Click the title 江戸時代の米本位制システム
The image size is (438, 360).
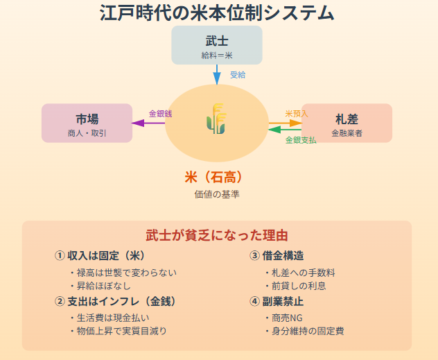click(x=217, y=12)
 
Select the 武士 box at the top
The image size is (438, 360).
click(x=217, y=45)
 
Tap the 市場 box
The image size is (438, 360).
click(x=87, y=123)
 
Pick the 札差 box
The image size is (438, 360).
click(x=347, y=123)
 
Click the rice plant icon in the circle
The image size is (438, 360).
click(x=216, y=119)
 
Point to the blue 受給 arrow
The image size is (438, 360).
click(x=217, y=74)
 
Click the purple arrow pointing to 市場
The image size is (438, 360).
click(x=148, y=123)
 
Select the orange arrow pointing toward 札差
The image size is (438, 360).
click(x=285, y=122)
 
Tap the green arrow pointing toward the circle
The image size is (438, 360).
click(x=285, y=130)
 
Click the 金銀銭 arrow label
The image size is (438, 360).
click(x=160, y=113)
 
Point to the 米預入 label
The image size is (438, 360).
click(x=297, y=113)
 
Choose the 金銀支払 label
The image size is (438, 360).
click(x=301, y=139)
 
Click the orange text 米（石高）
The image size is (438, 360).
click(x=216, y=177)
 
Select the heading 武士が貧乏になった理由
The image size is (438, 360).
click(x=217, y=235)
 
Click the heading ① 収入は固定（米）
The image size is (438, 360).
click(x=99, y=255)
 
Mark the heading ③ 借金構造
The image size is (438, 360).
click(x=277, y=255)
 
